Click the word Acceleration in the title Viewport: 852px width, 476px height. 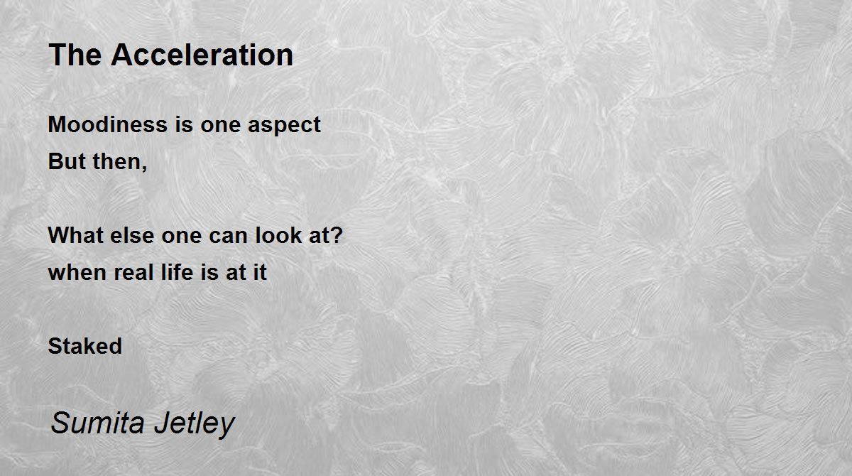coord(202,55)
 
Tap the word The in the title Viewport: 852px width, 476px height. coord(75,55)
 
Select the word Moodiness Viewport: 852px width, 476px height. coord(108,124)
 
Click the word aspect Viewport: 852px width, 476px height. coord(284,126)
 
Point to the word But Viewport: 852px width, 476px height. coord(67,161)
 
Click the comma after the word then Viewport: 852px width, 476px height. coord(145,168)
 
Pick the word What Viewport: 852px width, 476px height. coord(76,235)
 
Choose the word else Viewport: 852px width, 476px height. coord(132,235)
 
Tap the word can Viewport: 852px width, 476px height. coord(228,237)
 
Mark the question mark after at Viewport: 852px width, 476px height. coord(337,234)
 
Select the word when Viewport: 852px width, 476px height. coord(77,272)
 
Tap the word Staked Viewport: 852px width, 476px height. coord(84,346)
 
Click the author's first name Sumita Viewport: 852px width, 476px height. coord(98,422)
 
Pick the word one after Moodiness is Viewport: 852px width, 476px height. coord(221,126)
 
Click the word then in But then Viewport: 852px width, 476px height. coord(117,161)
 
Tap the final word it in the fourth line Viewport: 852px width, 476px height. coord(260,272)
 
